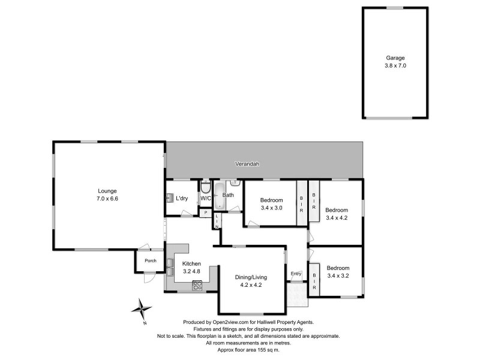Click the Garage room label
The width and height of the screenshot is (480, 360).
[395, 62]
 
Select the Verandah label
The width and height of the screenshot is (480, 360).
[246, 164]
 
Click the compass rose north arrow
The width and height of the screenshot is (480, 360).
[142, 310]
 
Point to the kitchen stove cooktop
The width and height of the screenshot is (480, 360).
[197, 286]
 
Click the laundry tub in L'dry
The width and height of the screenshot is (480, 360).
[170, 198]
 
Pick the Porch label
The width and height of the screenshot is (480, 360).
[146, 260]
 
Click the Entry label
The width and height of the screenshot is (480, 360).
[296, 274]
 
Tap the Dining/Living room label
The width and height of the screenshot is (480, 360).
[251, 281]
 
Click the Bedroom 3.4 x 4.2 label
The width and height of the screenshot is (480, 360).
[336, 214]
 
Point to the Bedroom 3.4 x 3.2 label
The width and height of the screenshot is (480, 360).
[336, 272]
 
